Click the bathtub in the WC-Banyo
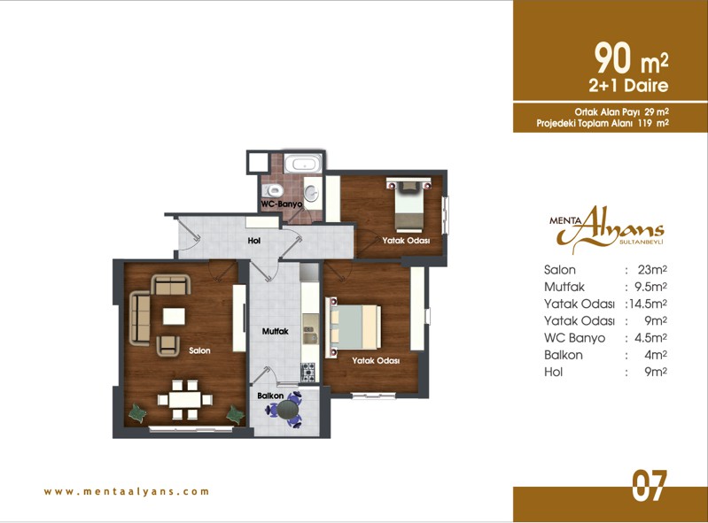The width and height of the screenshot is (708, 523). (302, 163)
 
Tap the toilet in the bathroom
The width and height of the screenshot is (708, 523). (272, 190)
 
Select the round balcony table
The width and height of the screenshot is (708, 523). (288, 410)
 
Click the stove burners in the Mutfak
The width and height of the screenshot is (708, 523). (309, 373)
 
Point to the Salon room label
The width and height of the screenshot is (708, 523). (199, 350)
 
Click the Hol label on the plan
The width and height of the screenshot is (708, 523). (254, 241)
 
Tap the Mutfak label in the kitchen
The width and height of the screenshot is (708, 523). (276, 331)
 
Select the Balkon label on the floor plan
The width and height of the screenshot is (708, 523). (270, 396)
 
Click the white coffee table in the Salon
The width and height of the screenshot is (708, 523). (174, 316)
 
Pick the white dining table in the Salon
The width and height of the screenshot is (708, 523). (185, 399)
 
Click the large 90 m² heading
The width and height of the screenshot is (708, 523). (631, 58)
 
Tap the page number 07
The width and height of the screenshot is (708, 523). (649, 486)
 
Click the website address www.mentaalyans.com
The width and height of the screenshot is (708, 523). (127, 491)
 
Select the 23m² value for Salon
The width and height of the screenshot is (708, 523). (652, 270)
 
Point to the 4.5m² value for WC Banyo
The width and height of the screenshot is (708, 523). (650, 338)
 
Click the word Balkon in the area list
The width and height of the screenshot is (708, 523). (563, 355)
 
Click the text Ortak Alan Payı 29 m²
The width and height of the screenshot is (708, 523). (621, 112)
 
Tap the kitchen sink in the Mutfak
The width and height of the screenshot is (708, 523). (310, 335)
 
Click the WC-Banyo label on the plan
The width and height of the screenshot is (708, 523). (282, 204)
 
